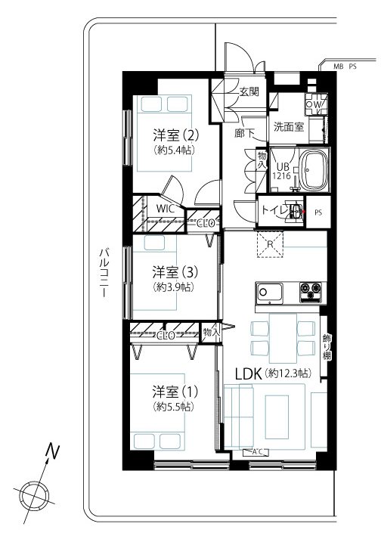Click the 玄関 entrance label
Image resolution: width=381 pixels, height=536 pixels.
(249, 91)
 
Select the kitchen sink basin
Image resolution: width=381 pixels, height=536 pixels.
(270, 293)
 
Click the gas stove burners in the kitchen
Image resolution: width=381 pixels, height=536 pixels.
(311, 292)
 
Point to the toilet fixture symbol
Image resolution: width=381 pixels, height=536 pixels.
(295, 211)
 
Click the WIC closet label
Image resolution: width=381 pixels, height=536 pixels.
(165, 208)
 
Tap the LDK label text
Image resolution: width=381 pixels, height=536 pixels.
(249, 374)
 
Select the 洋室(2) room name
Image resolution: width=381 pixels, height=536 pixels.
(175, 135)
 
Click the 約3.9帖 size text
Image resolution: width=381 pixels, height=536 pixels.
(173, 287)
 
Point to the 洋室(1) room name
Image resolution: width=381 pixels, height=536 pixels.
(175, 392)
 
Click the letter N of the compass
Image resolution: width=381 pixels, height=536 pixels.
(52, 451)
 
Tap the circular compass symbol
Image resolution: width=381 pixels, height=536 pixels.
(34, 494)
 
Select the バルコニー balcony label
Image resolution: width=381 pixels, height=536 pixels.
(104, 275)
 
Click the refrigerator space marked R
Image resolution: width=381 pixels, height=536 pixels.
(271, 244)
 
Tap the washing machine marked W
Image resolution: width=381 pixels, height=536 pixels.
(317, 104)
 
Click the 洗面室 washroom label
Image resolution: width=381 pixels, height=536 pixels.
(289, 127)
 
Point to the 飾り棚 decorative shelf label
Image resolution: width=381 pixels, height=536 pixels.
(327, 346)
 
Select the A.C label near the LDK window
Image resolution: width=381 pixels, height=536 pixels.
(256, 452)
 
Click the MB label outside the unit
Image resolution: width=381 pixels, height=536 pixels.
(338, 67)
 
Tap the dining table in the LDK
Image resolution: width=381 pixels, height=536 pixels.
(283, 338)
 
